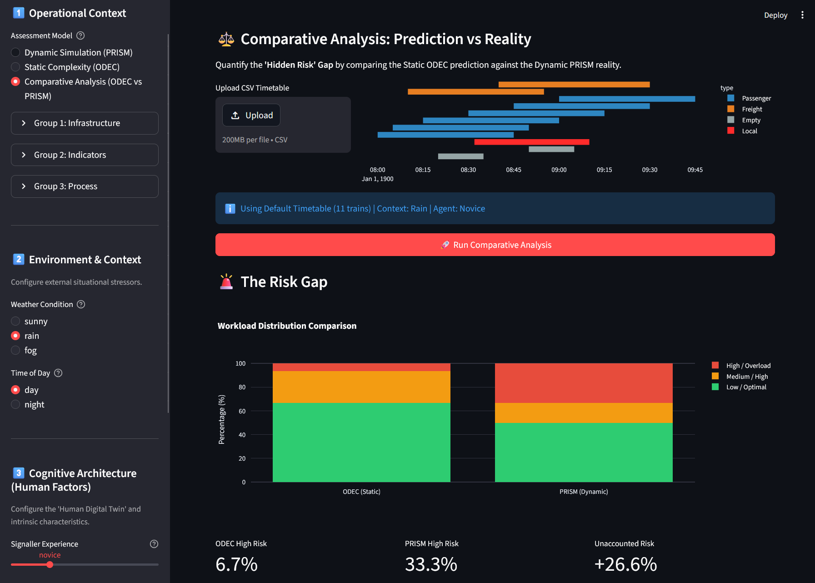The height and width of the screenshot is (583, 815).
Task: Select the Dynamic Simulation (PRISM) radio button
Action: tap(15, 52)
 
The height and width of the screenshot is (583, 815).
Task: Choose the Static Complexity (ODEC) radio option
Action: tap(15, 67)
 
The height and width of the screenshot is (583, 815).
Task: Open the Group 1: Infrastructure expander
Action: tap(85, 123)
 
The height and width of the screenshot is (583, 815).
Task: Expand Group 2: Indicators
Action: tap(85, 155)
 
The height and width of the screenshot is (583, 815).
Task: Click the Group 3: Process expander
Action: tap(85, 186)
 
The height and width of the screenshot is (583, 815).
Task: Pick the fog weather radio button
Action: tap(15, 350)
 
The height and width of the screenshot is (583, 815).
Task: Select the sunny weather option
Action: tap(15, 321)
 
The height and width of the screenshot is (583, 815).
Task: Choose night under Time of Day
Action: tap(15, 404)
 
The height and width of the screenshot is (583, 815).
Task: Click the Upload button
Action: tap(251, 115)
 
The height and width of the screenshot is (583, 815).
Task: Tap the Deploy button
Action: tap(775, 15)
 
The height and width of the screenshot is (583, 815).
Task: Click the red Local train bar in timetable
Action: tap(532, 142)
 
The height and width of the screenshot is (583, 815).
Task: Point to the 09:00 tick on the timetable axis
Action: tap(559, 170)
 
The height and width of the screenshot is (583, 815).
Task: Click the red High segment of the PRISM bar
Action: tap(584, 383)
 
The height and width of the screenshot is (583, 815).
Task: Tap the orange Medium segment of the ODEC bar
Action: tap(361, 387)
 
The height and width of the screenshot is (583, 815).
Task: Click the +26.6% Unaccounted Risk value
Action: tap(625, 564)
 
